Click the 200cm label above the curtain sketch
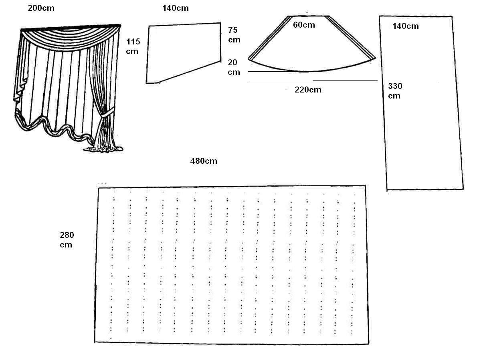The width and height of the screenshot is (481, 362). tap(41, 8)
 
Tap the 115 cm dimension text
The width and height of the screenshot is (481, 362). tap(133, 46)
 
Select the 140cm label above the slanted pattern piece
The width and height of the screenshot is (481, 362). tap(175, 8)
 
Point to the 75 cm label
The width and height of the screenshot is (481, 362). tap(234, 35)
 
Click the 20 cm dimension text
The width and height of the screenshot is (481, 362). tap(234, 67)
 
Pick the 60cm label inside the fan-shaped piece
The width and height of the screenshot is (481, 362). tap(304, 25)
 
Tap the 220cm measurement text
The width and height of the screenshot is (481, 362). tap(308, 90)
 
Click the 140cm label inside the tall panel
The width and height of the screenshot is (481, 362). tap(405, 26)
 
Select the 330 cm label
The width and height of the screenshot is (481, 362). tap(395, 91)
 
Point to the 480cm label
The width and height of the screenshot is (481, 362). tap(204, 161)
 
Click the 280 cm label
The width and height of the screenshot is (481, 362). tap(67, 239)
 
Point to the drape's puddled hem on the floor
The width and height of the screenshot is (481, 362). tap(103, 149)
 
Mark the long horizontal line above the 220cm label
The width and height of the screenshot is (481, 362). tap(313, 81)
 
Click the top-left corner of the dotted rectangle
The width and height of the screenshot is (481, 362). tap(98, 188)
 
